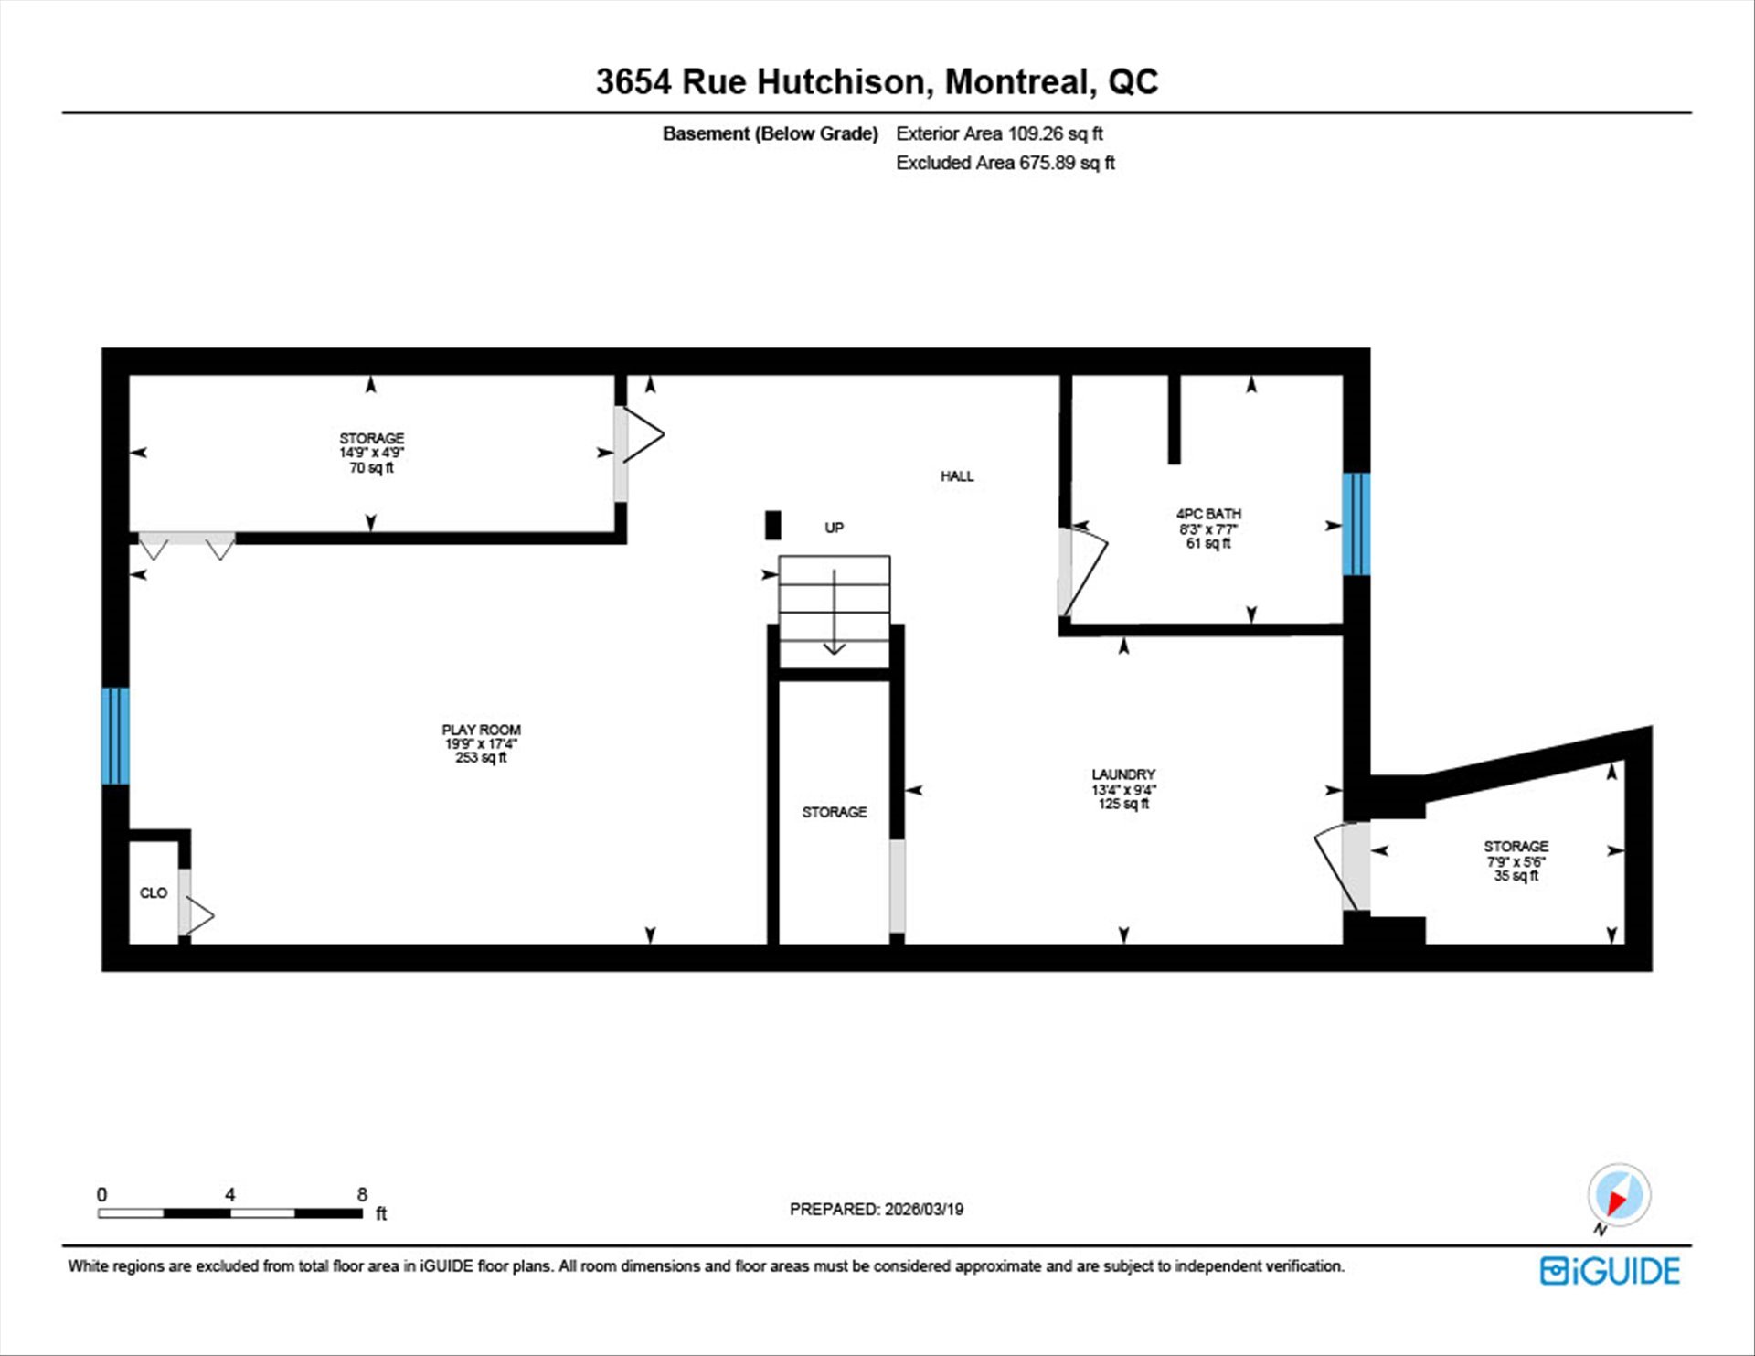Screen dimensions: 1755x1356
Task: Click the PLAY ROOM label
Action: tap(481, 730)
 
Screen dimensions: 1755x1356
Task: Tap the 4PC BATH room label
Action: tap(1208, 514)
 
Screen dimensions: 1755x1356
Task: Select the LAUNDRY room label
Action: tap(1123, 774)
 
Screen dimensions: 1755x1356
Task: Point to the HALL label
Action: tap(957, 475)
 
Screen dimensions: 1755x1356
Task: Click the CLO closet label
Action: tap(154, 892)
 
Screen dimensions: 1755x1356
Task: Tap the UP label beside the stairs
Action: tap(834, 528)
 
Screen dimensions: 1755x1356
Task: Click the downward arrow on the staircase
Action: tap(835, 612)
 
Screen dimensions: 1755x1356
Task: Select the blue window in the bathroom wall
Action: tap(1356, 524)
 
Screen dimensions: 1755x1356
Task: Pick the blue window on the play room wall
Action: tap(115, 736)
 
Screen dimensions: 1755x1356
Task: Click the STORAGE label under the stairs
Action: tap(835, 812)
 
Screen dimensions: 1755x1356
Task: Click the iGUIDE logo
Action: tap(1610, 1271)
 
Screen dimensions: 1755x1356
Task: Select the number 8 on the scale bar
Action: tap(362, 1194)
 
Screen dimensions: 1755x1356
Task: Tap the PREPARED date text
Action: tap(877, 1209)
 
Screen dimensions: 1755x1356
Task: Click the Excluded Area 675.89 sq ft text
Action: tap(1005, 163)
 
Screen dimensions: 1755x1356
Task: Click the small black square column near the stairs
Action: tap(773, 525)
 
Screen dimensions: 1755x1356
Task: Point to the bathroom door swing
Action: tap(1083, 569)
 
